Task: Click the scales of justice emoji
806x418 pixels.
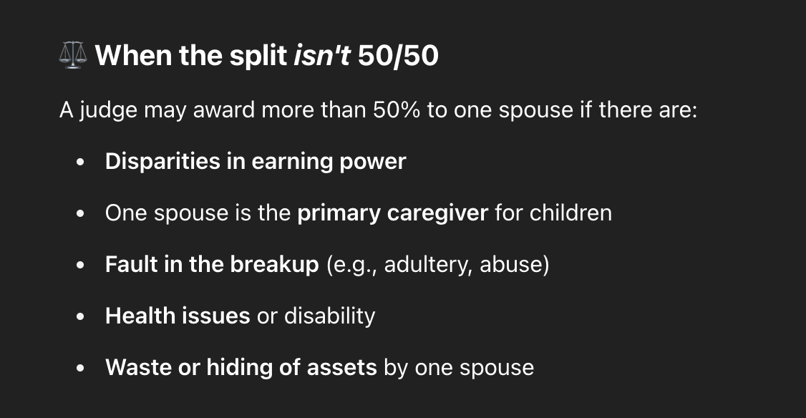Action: click(73, 55)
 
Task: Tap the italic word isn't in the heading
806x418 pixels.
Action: click(322, 55)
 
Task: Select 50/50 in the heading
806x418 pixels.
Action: click(398, 55)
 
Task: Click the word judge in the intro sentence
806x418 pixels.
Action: click(109, 110)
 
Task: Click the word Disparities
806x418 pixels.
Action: click(162, 162)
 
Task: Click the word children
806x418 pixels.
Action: click(570, 213)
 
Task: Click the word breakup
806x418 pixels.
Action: click(274, 264)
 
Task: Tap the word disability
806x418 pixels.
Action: click(329, 316)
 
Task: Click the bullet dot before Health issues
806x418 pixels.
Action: click(79, 316)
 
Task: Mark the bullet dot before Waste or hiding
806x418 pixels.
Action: click(79, 368)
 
